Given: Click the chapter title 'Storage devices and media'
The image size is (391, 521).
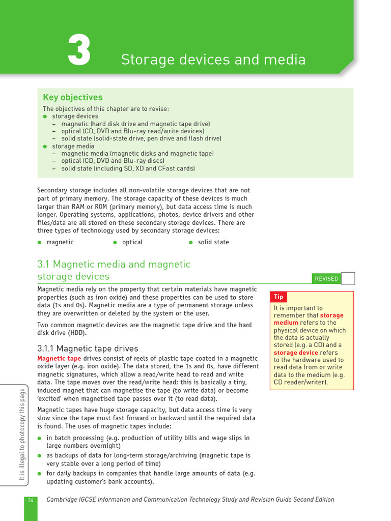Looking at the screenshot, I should click(x=213, y=60).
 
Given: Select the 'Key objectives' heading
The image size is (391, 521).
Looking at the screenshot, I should click(x=72, y=97).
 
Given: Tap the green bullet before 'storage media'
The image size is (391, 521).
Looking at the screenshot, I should click(x=45, y=147).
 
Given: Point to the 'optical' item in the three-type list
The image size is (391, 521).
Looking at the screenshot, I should click(x=132, y=242).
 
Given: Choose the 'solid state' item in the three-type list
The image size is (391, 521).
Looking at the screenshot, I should click(x=213, y=242).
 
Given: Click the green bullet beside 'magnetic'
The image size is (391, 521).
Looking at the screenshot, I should click(x=39, y=243).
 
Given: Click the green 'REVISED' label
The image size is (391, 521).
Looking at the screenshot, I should click(x=326, y=278).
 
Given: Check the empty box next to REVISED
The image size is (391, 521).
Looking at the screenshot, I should click(x=348, y=278).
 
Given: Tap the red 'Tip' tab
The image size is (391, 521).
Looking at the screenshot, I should click(x=278, y=297).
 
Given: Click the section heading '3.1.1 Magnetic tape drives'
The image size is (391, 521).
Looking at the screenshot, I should click(x=88, y=349).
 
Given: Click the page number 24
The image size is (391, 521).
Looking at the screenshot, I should click(x=31, y=500).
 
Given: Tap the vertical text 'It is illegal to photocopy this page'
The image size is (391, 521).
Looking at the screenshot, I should click(x=22, y=434).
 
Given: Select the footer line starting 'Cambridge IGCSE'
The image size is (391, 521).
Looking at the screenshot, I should click(x=190, y=500).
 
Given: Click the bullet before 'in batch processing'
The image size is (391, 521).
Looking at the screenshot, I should click(x=39, y=438).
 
